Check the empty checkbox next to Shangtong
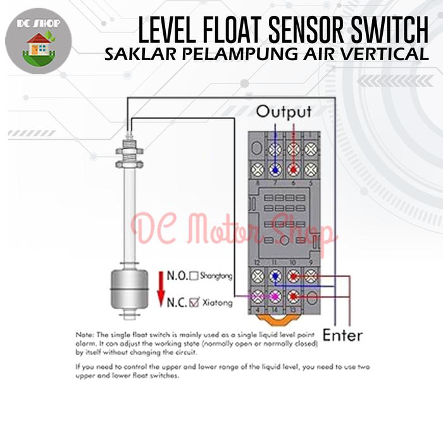(x=194, y=276)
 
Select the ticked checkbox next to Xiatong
(x=194, y=303)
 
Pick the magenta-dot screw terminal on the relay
(x=275, y=296)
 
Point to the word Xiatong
(x=218, y=303)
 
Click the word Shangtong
(x=216, y=276)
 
